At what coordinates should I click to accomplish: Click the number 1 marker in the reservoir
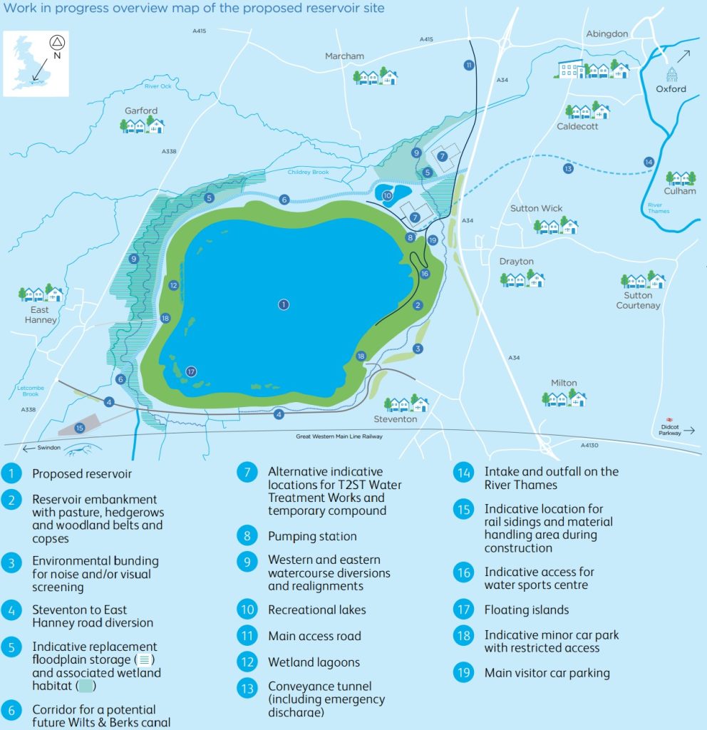284,304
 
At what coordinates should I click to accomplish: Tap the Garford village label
141,110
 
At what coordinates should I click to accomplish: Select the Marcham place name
344,56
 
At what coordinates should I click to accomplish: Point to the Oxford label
671,89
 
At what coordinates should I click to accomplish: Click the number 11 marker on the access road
468,65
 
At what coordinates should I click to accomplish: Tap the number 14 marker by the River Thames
648,162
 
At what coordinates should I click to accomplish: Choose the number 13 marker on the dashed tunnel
567,169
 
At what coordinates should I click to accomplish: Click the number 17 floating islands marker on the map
190,371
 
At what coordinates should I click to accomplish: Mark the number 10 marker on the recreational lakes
387,195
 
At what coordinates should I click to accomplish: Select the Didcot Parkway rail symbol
669,420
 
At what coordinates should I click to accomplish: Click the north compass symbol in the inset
56,42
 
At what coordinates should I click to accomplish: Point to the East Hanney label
41,315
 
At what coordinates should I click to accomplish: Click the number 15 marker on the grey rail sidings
79,428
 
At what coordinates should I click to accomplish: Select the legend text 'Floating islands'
527,610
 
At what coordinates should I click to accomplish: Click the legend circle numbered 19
464,672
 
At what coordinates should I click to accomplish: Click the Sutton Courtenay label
638,300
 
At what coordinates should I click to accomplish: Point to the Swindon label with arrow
43,448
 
